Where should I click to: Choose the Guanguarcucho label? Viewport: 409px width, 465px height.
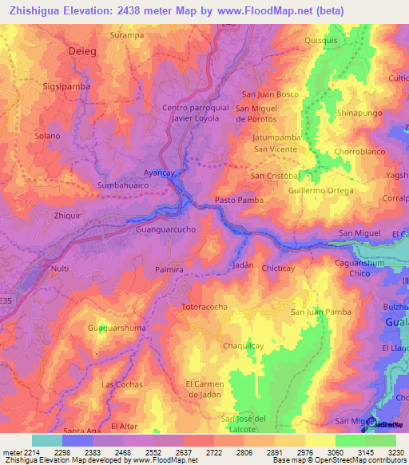click(168, 229)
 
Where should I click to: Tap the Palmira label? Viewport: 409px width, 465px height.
click(169, 271)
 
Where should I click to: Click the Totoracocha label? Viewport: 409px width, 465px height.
click(205, 306)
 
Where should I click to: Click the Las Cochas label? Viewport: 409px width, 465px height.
click(121, 384)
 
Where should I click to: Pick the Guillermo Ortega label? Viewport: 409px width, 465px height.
click(320, 191)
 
